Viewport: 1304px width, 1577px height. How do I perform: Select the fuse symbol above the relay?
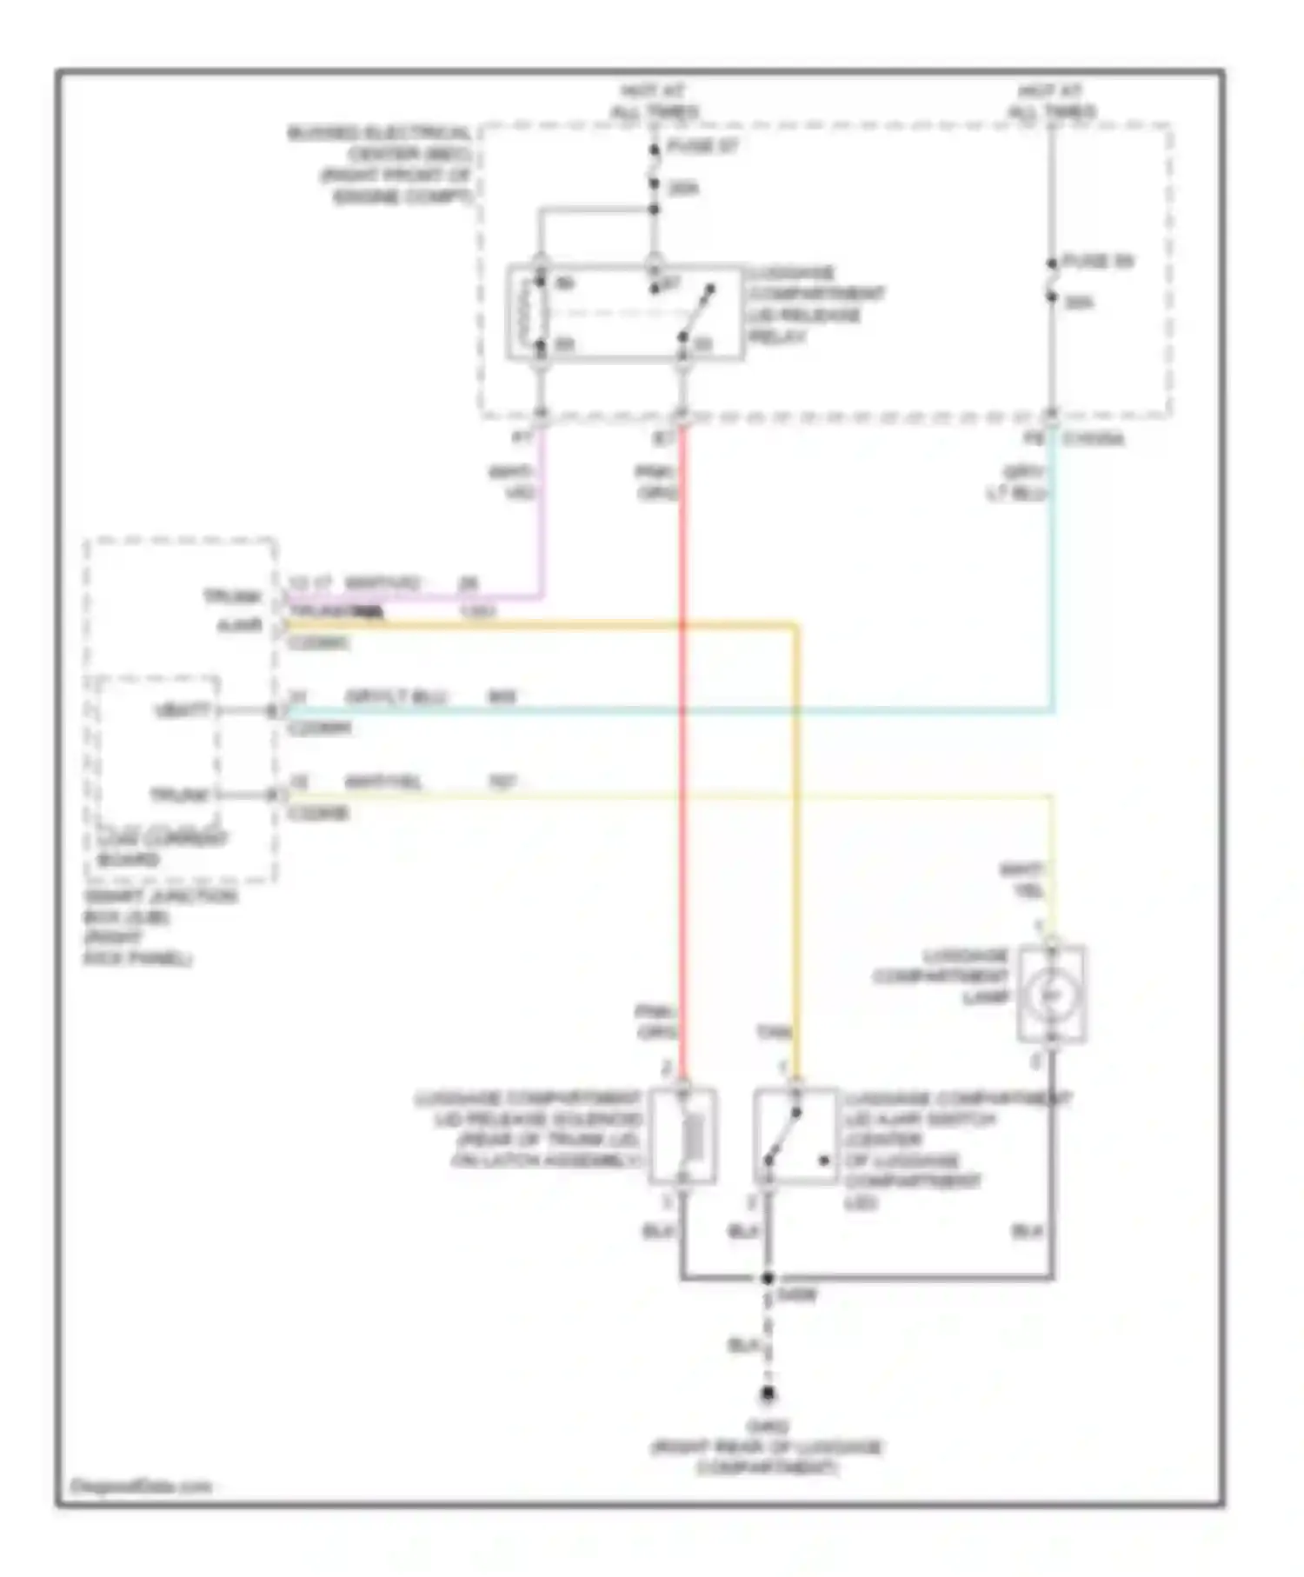654,167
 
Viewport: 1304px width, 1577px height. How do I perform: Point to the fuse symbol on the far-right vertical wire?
1051,280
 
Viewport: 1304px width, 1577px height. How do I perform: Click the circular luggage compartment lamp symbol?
1051,994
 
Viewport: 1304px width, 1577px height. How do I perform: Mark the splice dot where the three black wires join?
768,1278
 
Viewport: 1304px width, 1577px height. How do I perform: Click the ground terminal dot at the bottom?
768,1394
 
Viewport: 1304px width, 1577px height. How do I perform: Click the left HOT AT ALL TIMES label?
654,102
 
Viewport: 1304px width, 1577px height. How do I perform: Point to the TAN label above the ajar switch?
774,1033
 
